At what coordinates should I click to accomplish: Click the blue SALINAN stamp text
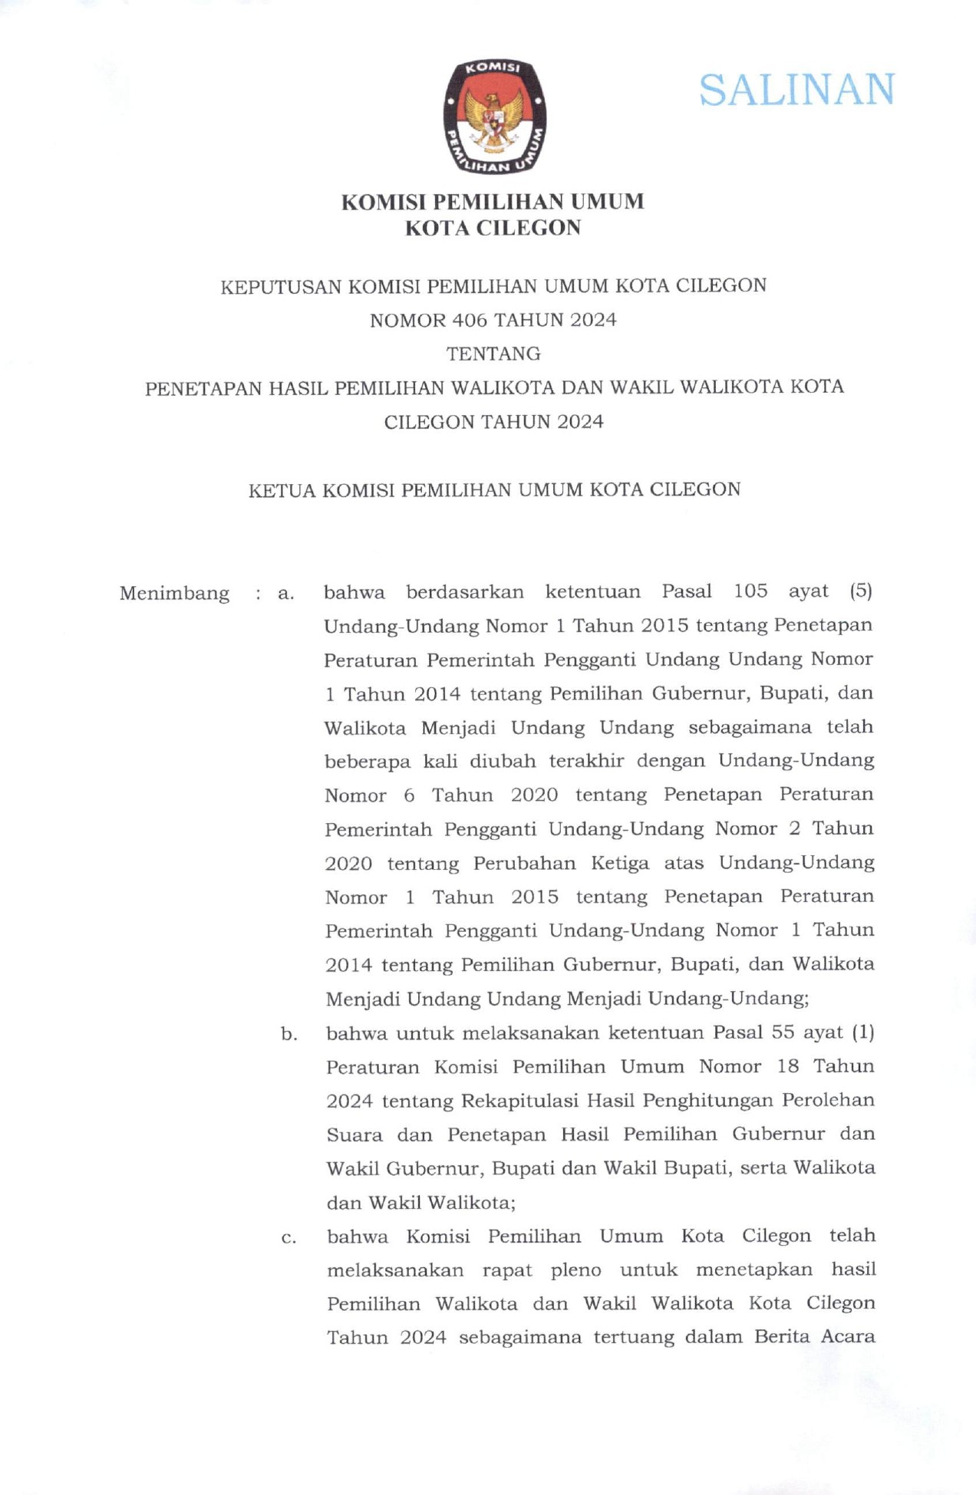click(x=796, y=91)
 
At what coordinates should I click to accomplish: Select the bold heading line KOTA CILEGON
click(x=493, y=229)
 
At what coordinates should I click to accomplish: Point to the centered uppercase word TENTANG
click(x=493, y=354)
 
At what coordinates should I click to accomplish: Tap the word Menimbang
click(x=174, y=594)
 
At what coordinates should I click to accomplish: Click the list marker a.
click(x=286, y=594)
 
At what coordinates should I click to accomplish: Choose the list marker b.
click(x=289, y=1034)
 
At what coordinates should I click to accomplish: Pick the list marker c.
click(x=289, y=1237)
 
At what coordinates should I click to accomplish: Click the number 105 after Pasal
click(x=750, y=591)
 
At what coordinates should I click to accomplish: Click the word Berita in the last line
click(x=782, y=1337)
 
